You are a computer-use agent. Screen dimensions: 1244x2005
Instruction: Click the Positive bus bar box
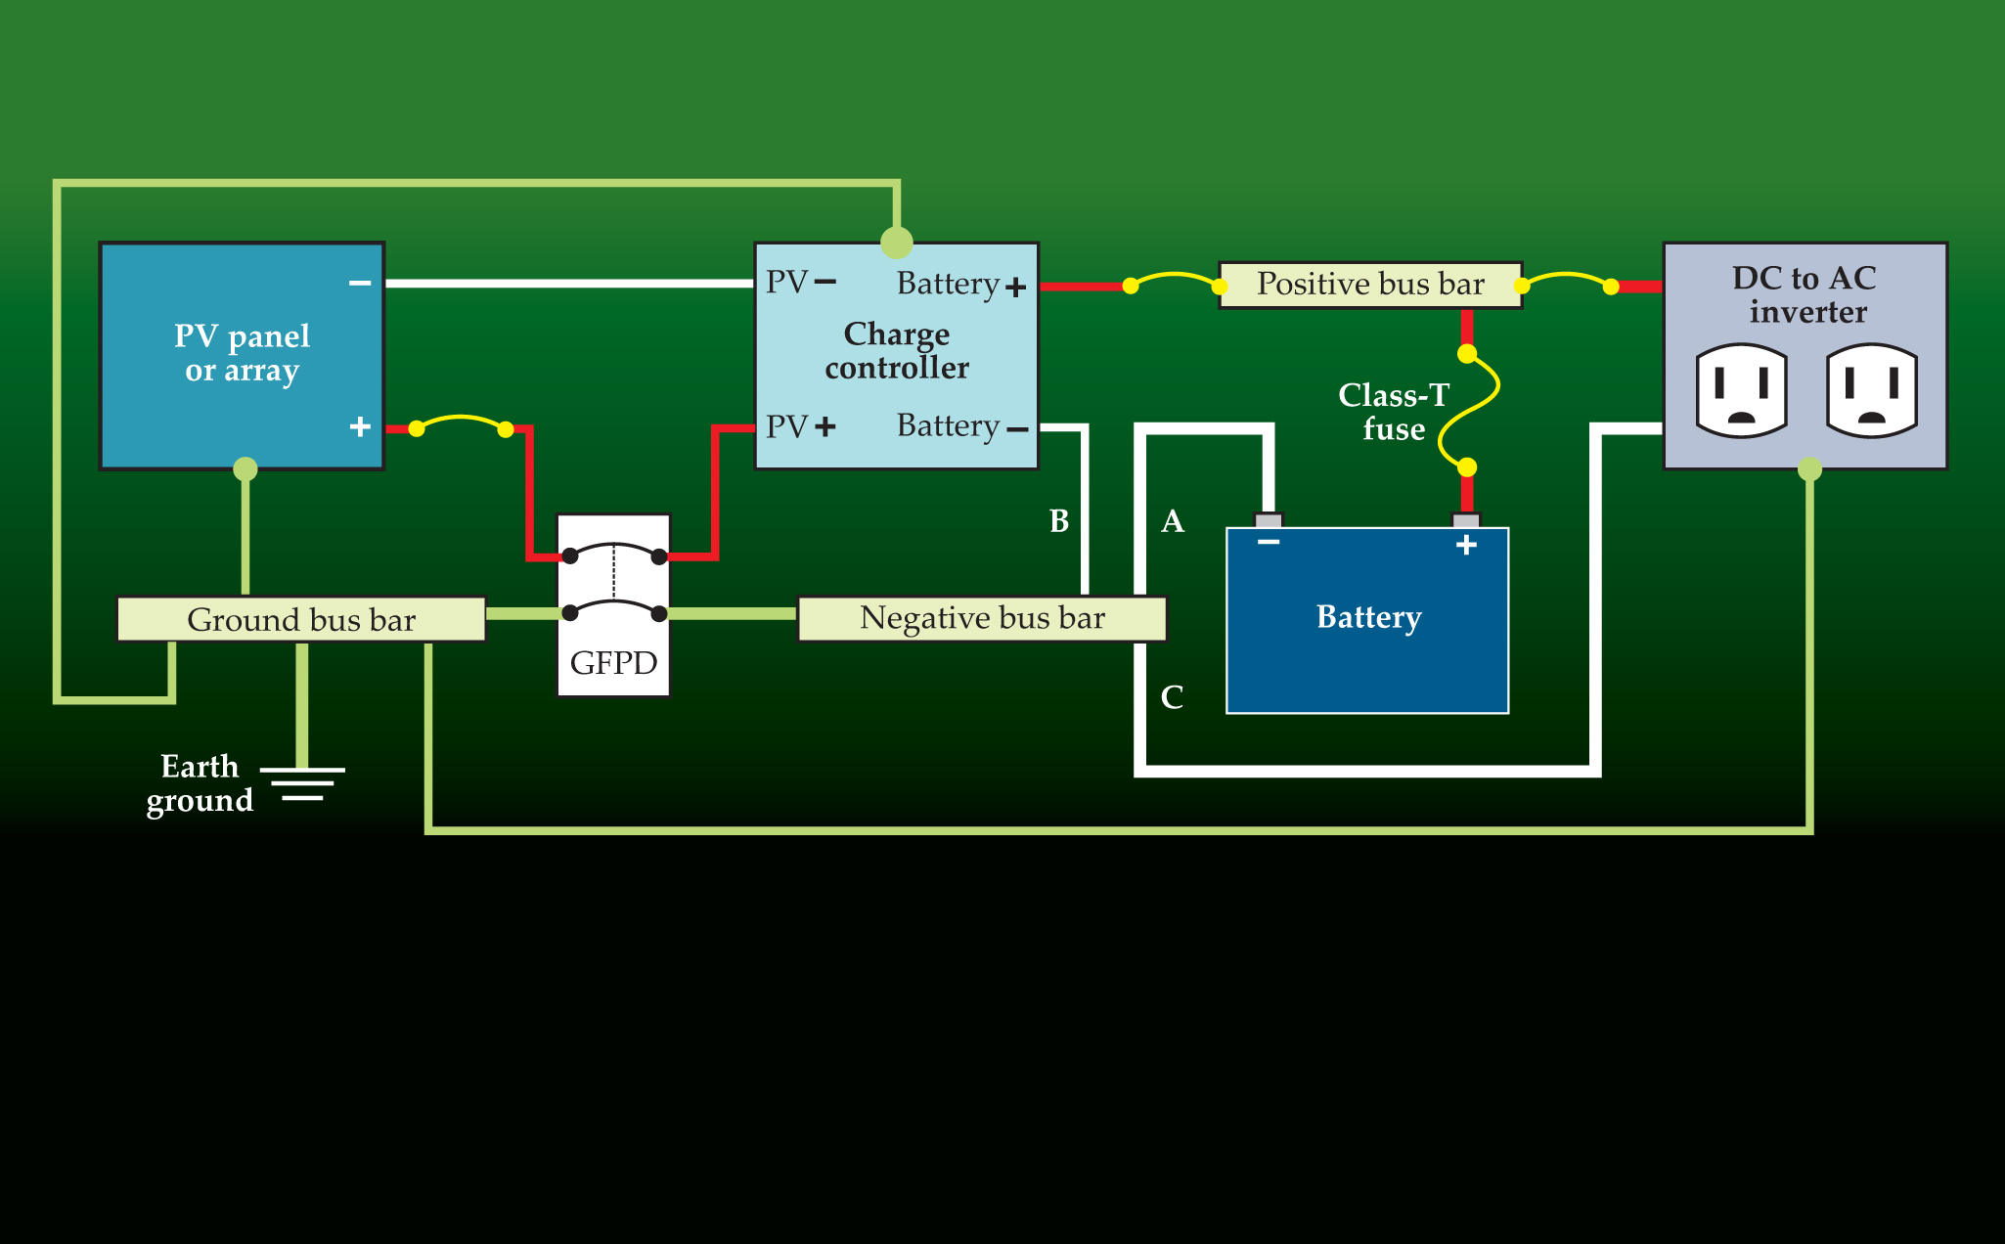pos(1370,285)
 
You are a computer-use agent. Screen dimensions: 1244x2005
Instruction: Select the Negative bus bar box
pos(982,618)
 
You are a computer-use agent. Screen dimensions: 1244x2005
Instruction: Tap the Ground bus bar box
pos(301,619)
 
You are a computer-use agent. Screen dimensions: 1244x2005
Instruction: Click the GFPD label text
pos(613,663)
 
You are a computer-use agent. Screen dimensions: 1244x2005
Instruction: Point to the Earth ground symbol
pos(303,783)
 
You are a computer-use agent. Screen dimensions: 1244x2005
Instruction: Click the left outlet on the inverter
pos(1742,390)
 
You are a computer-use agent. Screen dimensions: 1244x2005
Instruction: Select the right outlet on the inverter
pos(1872,390)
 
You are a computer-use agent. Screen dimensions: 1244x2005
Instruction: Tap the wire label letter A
pos(1173,521)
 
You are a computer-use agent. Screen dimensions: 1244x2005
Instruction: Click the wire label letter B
pos(1059,521)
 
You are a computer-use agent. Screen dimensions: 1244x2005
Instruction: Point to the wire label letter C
pos(1172,697)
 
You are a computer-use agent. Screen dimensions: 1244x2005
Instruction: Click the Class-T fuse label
pos(1394,412)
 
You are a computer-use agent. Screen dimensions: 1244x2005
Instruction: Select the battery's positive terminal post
pos(1466,520)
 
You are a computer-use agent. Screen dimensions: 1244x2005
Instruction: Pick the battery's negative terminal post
pos(1269,520)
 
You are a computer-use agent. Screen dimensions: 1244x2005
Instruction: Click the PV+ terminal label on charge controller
pos(801,426)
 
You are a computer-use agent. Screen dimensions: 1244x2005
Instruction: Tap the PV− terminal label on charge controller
pos(801,283)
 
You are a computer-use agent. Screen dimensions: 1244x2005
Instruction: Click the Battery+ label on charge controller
pos(961,285)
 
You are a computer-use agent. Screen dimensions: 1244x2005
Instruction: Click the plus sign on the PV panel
pos(360,426)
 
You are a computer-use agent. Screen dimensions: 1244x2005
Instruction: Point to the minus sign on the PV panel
pos(360,284)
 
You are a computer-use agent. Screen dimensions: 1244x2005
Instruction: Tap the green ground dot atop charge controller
pos(897,242)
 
